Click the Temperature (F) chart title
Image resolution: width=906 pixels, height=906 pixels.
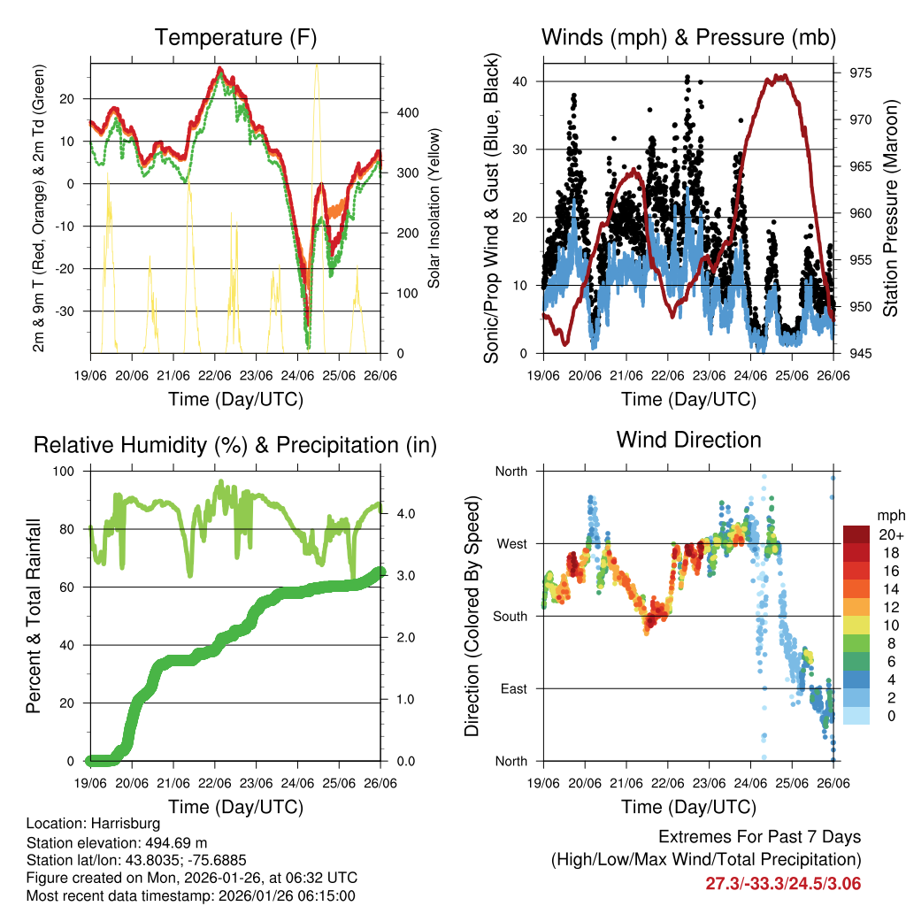[235, 37]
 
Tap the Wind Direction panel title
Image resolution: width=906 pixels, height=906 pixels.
[688, 439]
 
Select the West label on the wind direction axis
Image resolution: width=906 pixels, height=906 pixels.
[511, 544]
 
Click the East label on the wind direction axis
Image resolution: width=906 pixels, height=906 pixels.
[513, 688]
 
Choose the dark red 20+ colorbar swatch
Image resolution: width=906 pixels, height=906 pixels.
[856, 535]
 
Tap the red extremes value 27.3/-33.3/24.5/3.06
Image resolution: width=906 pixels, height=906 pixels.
[783, 883]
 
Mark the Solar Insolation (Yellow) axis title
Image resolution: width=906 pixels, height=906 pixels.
[434, 210]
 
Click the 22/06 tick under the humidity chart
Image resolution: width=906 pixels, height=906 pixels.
[215, 783]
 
